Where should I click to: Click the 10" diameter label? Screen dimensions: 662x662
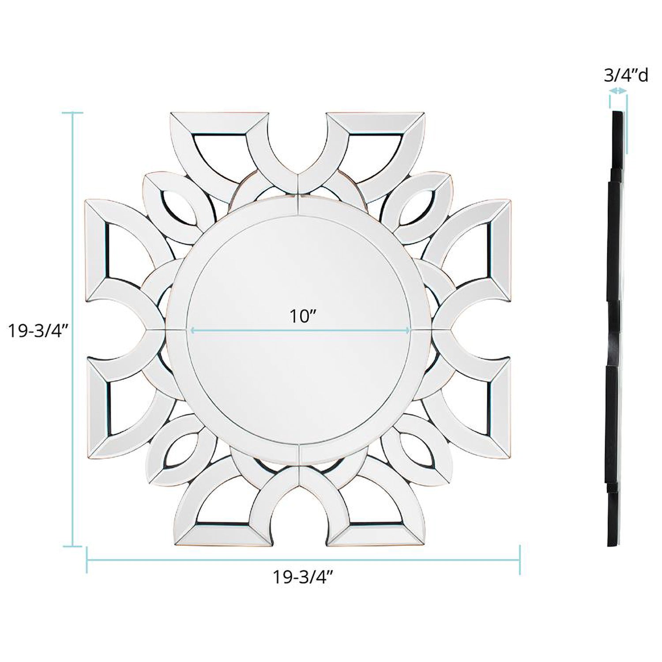coord(304,316)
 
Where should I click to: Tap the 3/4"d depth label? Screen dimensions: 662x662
coord(626,76)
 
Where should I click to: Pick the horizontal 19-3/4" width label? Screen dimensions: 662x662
coord(302,577)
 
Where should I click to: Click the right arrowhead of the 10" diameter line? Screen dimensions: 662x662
coord(408,330)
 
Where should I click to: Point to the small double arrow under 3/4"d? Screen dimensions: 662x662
coord(618,90)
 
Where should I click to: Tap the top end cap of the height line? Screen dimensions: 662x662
coord(72,113)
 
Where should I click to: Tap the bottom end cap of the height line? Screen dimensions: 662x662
coord(72,546)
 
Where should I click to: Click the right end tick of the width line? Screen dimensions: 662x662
coord(520,560)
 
